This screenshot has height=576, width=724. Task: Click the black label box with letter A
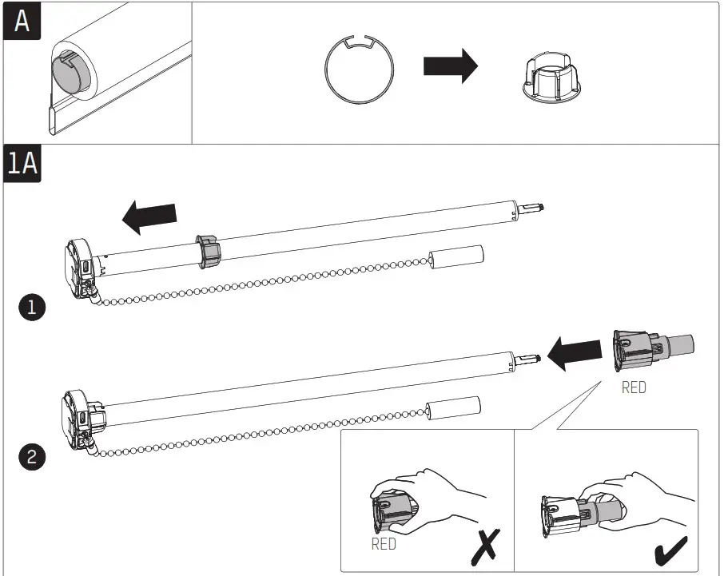point(22,22)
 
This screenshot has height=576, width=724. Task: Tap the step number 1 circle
point(31,308)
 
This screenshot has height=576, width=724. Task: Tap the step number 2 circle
point(31,458)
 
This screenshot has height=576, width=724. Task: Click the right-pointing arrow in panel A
point(450,67)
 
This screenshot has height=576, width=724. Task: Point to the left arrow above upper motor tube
point(151,216)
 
